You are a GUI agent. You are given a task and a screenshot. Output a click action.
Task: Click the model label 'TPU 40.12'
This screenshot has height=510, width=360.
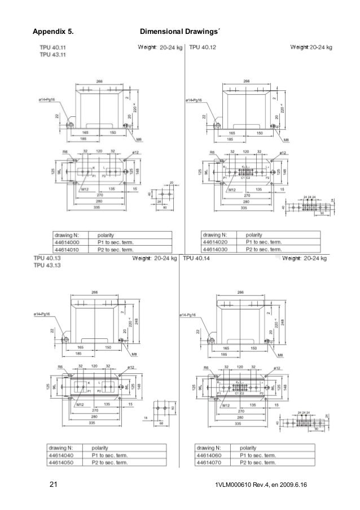point(202,47)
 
